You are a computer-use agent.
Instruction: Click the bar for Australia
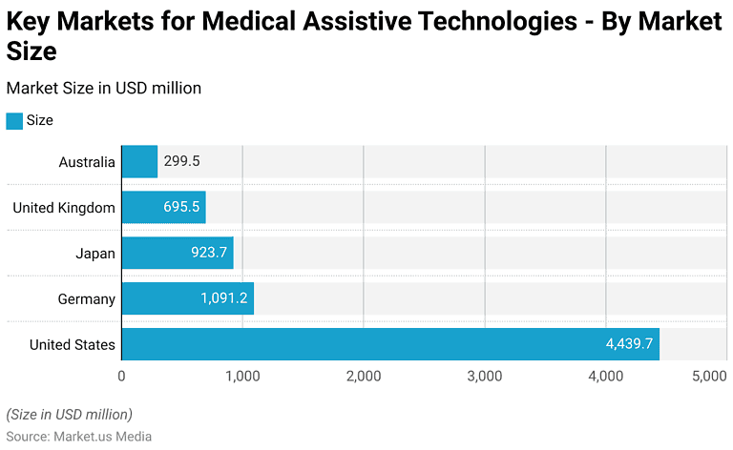tap(139, 162)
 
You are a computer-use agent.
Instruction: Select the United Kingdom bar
tap(163, 208)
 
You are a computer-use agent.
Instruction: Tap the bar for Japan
tap(178, 254)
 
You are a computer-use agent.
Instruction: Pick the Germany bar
tap(187, 298)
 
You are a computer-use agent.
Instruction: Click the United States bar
tap(389, 344)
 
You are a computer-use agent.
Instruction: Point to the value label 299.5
tap(181, 162)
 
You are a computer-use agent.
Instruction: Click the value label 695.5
tap(181, 208)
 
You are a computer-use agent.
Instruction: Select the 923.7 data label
tap(208, 254)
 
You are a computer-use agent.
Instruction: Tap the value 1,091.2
tap(223, 298)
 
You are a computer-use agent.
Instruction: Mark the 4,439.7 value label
tap(629, 344)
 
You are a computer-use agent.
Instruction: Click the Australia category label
tap(87, 162)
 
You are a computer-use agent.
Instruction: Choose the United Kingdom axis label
tap(64, 208)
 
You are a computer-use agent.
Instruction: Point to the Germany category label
tap(86, 298)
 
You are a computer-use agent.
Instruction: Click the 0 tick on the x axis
tap(121, 377)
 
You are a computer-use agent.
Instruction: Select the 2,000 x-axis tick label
tap(364, 377)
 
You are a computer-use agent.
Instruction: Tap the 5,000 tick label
tap(708, 377)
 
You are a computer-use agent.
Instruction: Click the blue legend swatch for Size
tap(14, 121)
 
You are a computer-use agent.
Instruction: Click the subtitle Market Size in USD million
tap(103, 88)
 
